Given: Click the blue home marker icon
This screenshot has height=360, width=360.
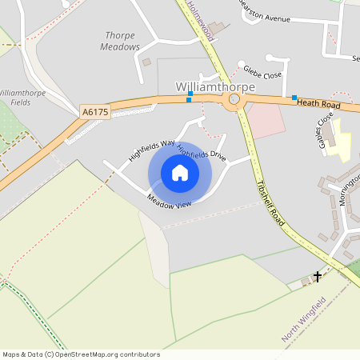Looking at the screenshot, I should point(180,173).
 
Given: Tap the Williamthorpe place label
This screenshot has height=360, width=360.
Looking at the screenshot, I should point(215,86).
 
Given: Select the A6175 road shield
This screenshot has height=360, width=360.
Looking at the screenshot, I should point(94,114).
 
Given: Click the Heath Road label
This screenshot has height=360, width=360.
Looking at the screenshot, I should point(318,103).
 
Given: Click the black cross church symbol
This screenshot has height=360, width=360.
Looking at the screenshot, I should point(318,277).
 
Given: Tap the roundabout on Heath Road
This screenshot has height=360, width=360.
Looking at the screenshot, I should point(234,100).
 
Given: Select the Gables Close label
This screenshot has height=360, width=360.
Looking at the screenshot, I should point(325,132).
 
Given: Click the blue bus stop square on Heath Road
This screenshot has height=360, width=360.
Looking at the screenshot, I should point(295,97).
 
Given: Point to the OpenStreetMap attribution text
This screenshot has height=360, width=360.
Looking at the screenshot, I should point(81,354).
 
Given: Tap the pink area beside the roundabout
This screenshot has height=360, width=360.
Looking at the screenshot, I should point(265,119).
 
